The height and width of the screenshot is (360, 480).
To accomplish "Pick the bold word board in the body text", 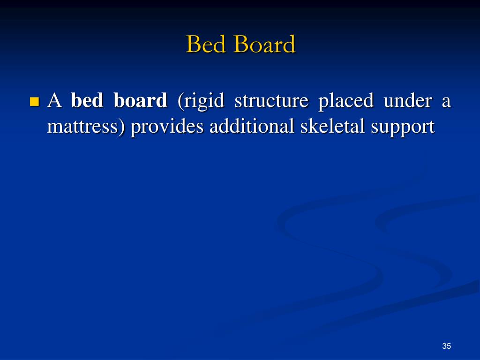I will (140, 101).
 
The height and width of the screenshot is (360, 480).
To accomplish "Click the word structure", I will (271, 101).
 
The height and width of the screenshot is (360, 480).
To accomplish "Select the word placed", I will (346, 101).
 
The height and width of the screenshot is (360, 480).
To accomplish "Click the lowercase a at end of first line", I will (446, 102).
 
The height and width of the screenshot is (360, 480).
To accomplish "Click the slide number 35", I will (446, 346).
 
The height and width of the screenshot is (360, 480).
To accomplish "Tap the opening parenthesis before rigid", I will (180, 102).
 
